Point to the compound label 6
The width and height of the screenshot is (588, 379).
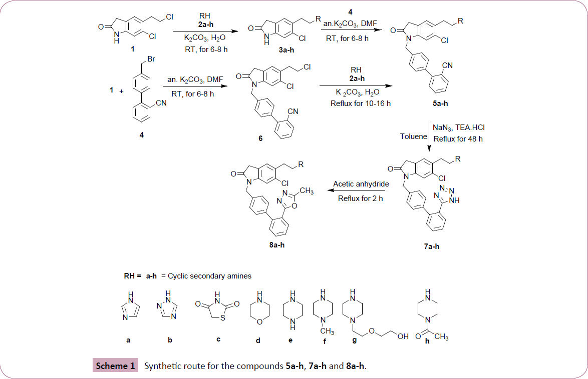pyautogui.click(x=260, y=138)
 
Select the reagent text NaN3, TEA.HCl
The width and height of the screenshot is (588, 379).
pyautogui.click(x=458, y=128)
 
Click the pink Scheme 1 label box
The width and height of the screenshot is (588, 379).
pyautogui.click(x=115, y=366)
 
